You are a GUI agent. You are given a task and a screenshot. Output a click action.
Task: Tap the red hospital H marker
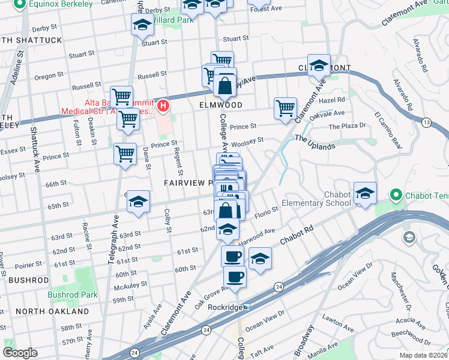pyautogui.click(x=163, y=106)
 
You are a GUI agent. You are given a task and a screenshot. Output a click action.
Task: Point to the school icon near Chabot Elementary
pyautogui.click(x=365, y=193)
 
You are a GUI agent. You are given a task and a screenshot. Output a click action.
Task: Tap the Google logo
pyautogui.click(x=19, y=353)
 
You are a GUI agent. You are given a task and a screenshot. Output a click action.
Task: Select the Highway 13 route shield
pyautogui.click(x=426, y=122)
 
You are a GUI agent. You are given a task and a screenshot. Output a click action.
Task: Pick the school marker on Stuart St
pyautogui.click(x=143, y=25)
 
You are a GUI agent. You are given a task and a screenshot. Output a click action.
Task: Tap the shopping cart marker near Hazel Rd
pyautogui.click(x=285, y=109)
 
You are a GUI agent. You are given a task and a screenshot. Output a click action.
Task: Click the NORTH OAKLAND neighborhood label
pyautogui.click(x=52, y=311)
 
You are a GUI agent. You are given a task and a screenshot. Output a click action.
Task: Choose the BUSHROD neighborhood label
pyautogui.click(x=29, y=280)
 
